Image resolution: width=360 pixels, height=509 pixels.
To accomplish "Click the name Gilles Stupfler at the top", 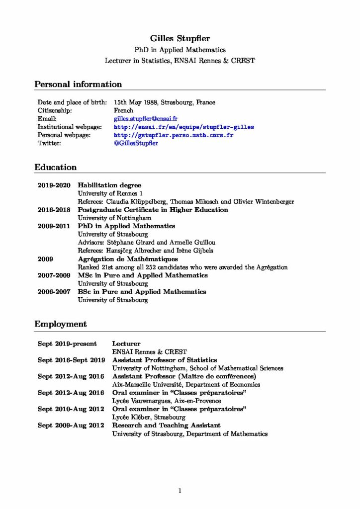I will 180,38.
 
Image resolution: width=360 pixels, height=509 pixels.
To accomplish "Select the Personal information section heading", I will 78,84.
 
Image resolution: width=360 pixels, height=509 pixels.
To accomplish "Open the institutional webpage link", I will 184,127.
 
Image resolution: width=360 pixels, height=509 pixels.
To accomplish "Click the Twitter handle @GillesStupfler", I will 136,144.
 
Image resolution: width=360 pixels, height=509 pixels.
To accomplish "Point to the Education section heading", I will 56,167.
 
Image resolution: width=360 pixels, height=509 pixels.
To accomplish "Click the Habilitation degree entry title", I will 109,185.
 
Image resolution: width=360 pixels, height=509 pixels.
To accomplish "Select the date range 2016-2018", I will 54,210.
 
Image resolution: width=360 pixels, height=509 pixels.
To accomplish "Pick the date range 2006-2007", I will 54,292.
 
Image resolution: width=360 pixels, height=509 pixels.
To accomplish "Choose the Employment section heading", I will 61,324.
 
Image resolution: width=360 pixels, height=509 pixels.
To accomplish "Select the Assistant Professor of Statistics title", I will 165,360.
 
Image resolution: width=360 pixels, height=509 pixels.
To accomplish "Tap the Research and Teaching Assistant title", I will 167,425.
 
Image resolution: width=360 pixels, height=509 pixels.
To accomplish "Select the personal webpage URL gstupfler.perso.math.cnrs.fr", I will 174,135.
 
